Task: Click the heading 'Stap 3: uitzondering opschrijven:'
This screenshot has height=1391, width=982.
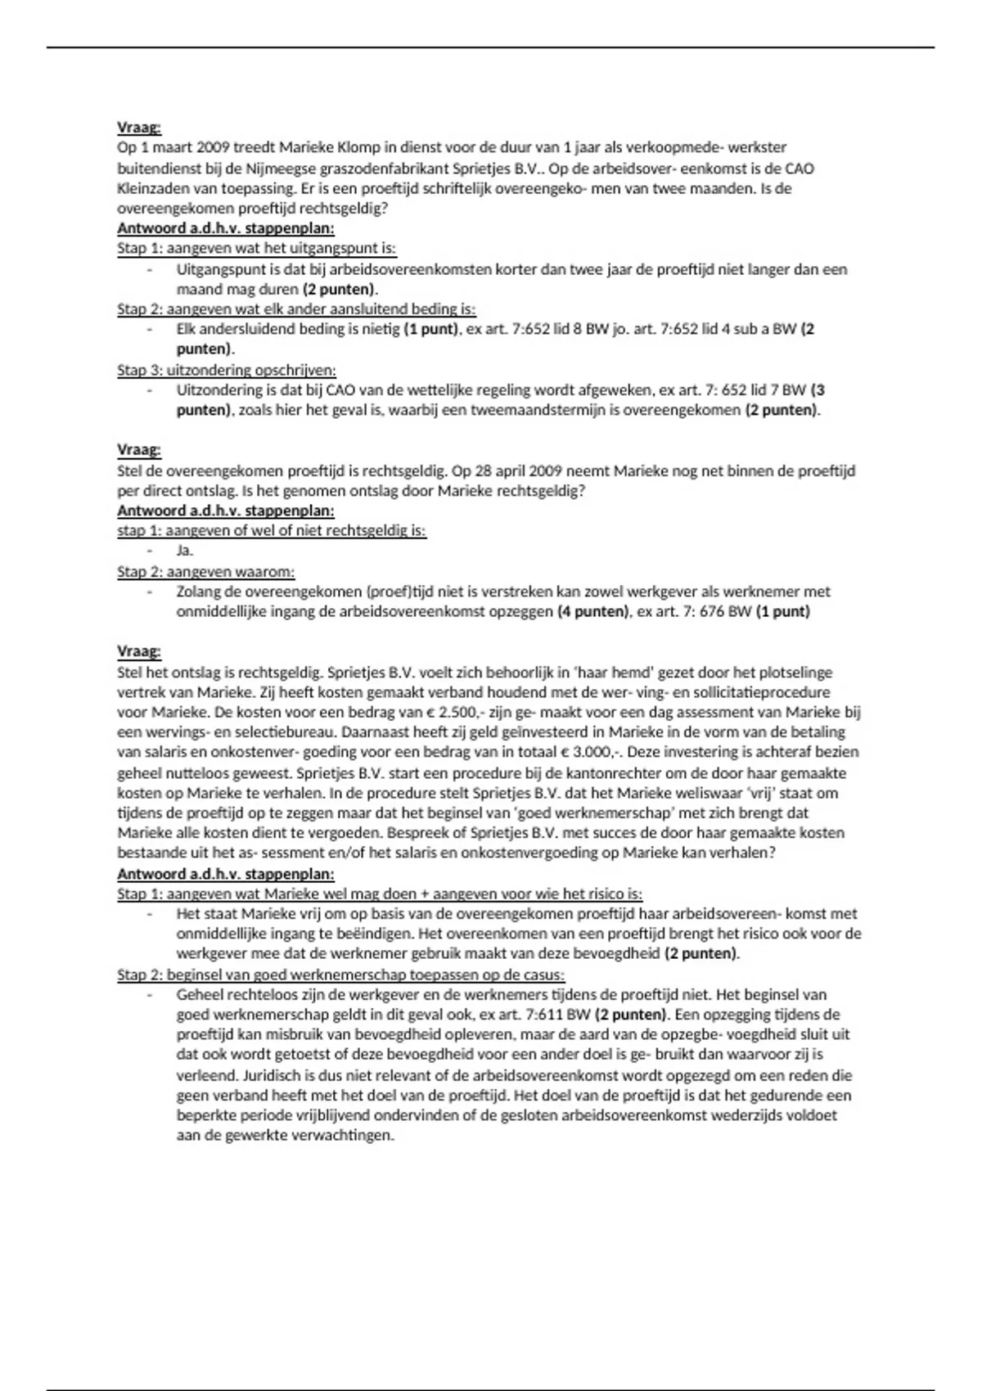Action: (x=227, y=370)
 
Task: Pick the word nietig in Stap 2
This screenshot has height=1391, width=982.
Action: (x=381, y=330)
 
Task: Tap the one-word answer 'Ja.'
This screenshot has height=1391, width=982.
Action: (x=185, y=551)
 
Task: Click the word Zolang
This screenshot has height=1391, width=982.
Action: (x=198, y=592)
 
